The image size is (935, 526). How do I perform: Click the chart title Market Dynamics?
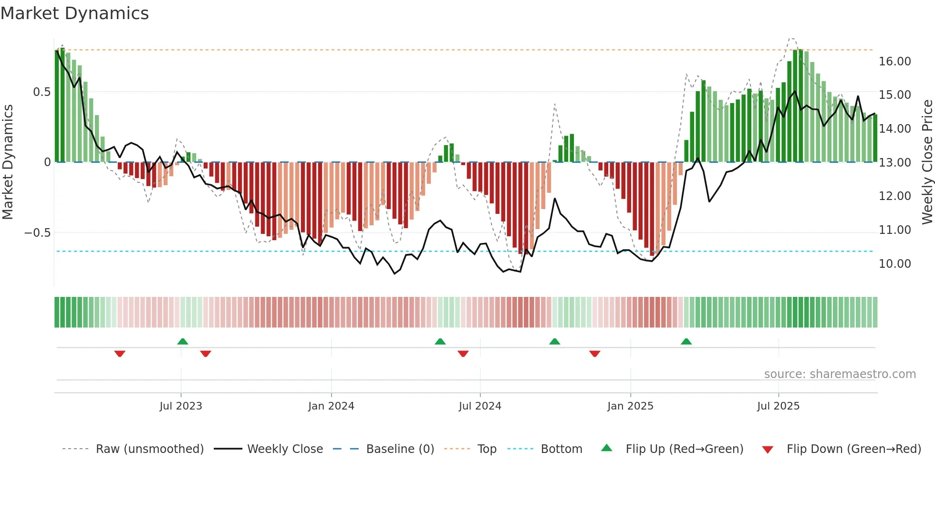point(74,13)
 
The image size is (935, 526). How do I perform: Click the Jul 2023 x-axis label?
point(181,406)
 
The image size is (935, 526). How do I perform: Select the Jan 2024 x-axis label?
point(331,406)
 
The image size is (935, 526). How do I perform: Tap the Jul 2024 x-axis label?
point(480,406)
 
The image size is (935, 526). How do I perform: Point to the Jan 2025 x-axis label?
point(630,406)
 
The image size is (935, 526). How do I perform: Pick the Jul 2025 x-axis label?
point(778,406)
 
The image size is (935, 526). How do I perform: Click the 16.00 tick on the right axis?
point(894,62)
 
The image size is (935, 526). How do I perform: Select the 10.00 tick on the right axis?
point(894,264)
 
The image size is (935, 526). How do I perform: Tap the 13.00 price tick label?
point(894,163)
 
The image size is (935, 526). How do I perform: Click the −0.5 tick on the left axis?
point(37,233)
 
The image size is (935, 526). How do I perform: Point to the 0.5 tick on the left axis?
point(42,92)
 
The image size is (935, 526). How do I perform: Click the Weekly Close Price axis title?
point(927,162)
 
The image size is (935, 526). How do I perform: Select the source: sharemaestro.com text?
point(840,374)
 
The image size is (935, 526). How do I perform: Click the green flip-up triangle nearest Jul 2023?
point(183,342)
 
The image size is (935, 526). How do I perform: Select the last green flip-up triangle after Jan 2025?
point(686,342)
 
